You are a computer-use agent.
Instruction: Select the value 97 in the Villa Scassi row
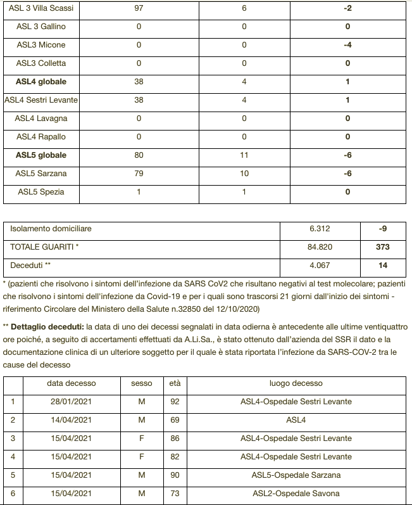[x=139, y=9]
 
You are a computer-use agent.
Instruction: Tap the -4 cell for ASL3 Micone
[x=347, y=46]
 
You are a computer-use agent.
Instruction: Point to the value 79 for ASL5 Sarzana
[x=139, y=174]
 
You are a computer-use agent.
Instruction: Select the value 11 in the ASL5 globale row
[x=244, y=155]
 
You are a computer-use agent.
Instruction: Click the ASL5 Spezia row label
[x=41, y=192]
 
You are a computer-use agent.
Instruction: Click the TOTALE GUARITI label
[x=44, y=247]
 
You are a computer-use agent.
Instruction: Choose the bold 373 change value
[x=382, y=247]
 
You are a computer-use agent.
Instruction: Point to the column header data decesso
[x=72, y=383]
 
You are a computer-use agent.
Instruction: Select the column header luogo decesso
[x=296, y=383]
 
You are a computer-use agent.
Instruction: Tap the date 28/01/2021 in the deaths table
[x=72, y=402]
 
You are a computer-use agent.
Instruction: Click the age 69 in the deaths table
[x=175, y=420]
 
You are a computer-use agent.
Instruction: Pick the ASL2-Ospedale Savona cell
[x=296, y=494]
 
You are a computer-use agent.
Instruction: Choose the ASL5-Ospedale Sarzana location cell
[x=296, y=475]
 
